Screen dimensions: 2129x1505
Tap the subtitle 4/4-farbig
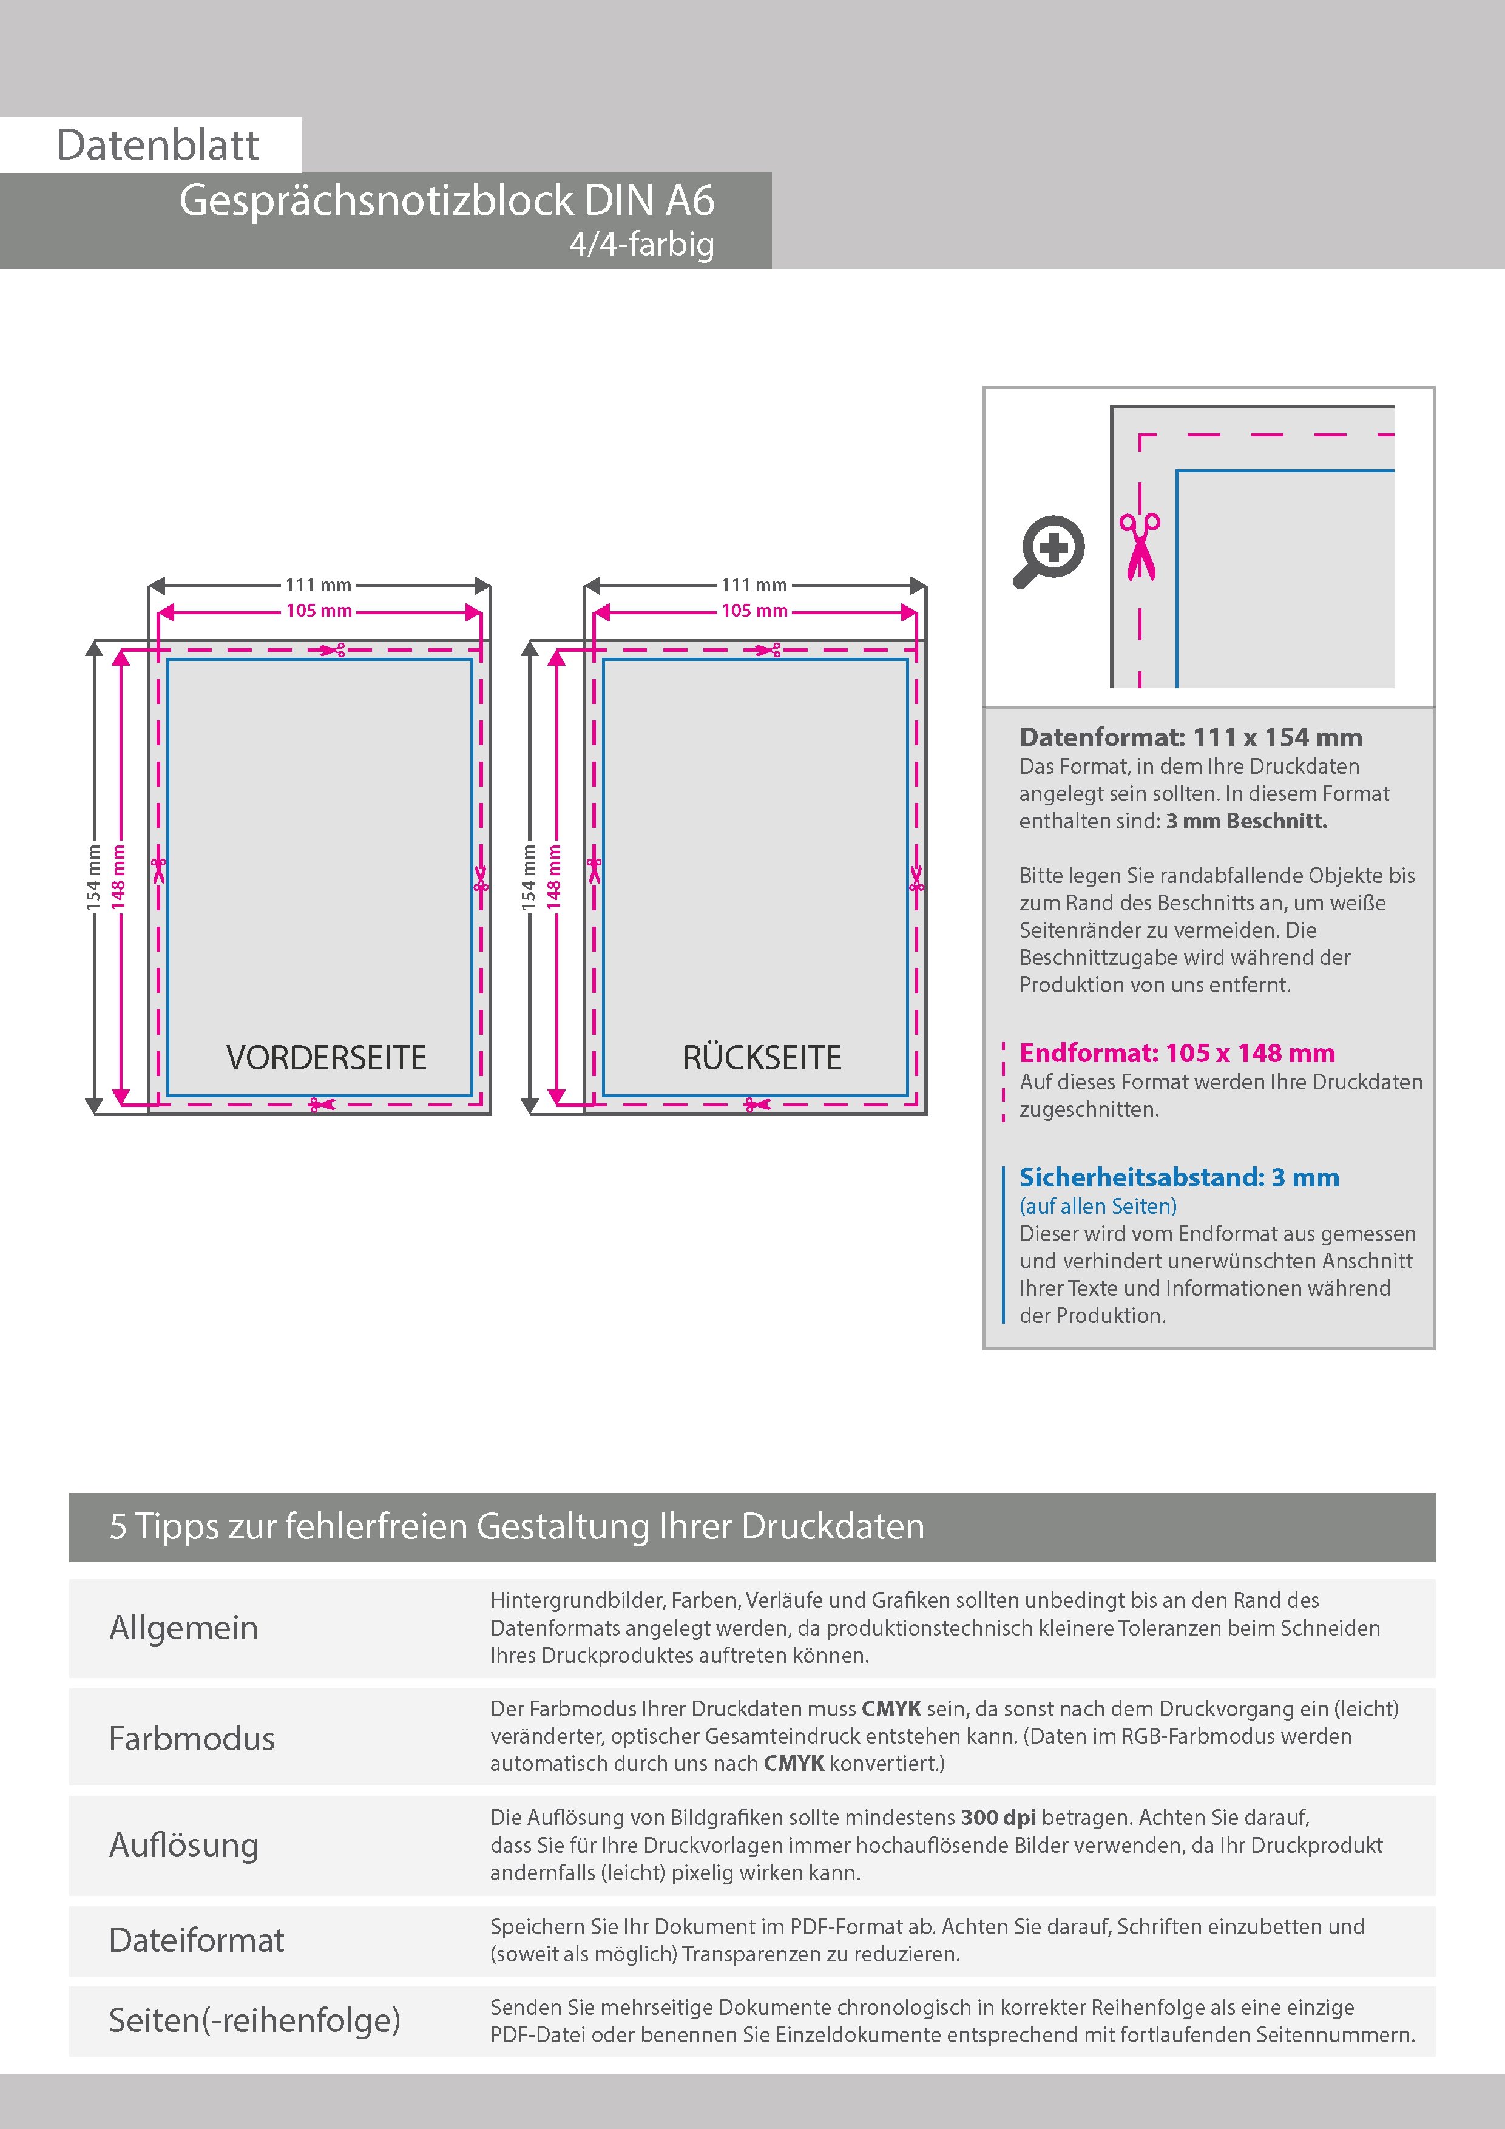click(x=641, y=244)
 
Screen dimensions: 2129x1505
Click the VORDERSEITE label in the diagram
click(x=326, y=1057)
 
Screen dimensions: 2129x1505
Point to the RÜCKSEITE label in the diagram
click(x=762, y=1057)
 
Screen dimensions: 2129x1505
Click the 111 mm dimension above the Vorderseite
click(x=318, y=585)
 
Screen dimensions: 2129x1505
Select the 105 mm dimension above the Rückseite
click(x=755, y=611)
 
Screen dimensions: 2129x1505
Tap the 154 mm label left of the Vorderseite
click(x=93, y=876)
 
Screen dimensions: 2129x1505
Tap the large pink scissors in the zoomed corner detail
click(x=1140, y=546)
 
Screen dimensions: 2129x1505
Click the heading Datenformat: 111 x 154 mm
click(x=1191, y=738)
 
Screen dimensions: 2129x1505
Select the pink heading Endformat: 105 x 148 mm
click(x=1177, y=1054)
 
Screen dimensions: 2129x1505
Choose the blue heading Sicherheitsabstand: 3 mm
click(x=1179, y=1177)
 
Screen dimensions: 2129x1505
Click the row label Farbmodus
click(x=192, y=1738)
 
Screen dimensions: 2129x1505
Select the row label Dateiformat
click(x=197, y=1940)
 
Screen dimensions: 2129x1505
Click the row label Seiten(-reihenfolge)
click(x=254, y=2020)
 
